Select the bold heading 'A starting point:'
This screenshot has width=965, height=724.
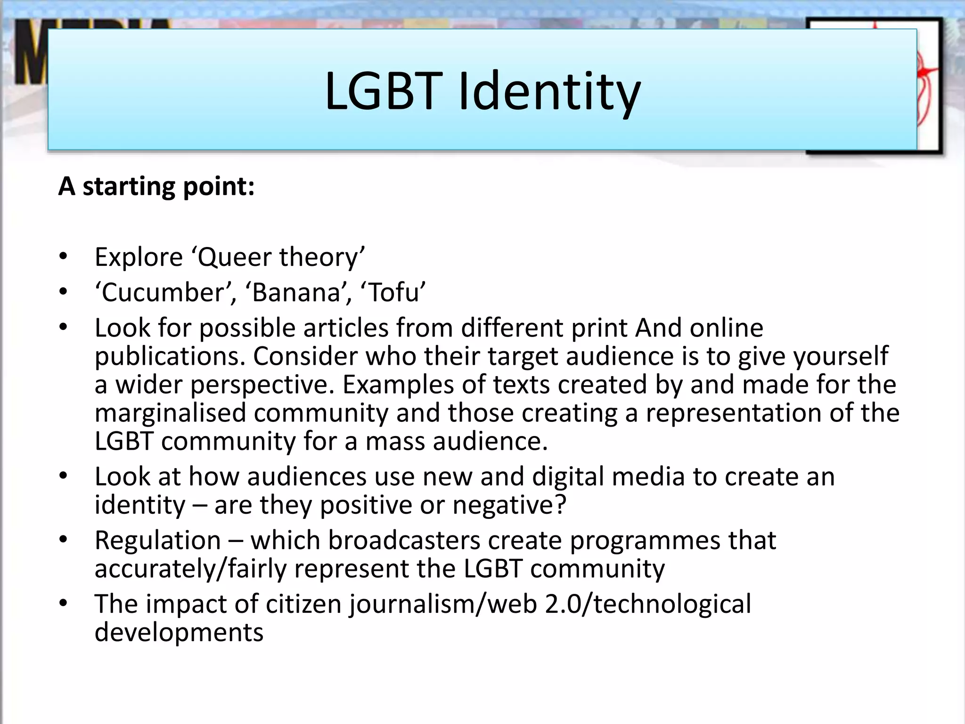(x=156, y=186)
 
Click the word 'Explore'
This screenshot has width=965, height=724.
(x=139, y=257)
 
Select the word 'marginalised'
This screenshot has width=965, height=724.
(x=170, y=413)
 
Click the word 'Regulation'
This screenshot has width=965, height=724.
(x=157, y=540)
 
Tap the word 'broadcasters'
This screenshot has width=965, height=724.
(x=404, y=540)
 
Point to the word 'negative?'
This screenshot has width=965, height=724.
(x=509, y=505)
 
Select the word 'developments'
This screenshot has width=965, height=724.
(x=179, y=632)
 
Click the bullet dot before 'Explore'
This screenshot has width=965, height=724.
(x=63, y=257)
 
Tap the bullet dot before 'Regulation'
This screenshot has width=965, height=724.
(x=63, y=540)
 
